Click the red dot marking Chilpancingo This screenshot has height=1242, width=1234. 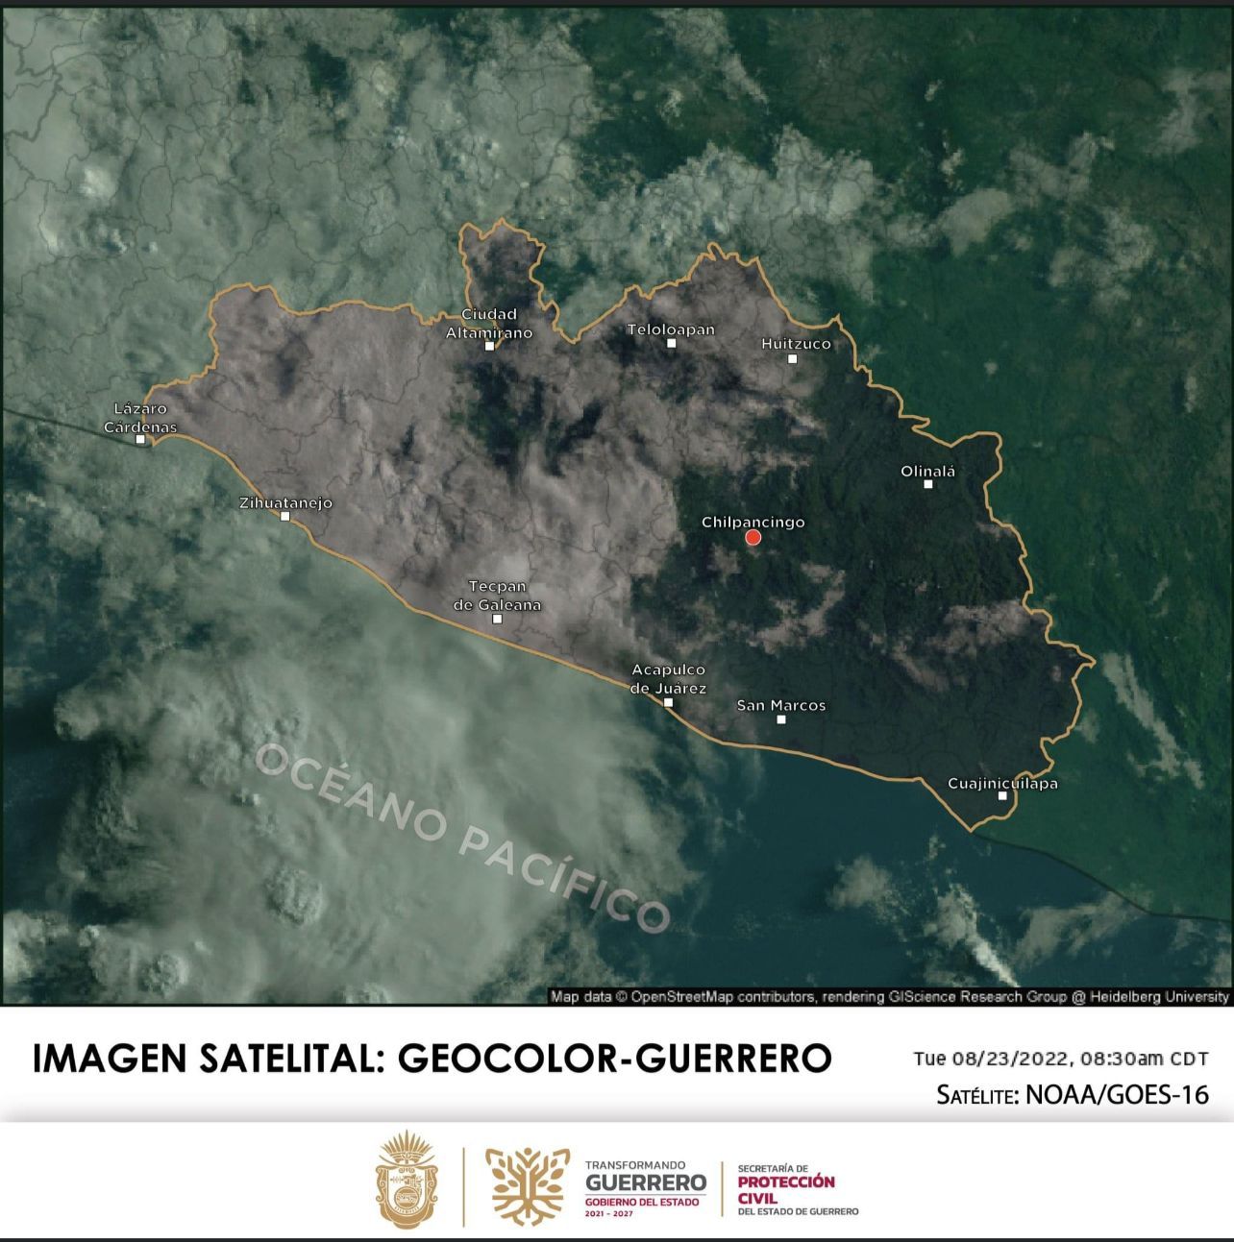coord(753,538)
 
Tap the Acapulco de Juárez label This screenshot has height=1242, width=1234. coord(669,679)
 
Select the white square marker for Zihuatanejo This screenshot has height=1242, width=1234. coord(284,516)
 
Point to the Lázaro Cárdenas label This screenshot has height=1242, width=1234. coord(140,418)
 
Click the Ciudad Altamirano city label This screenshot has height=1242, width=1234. coord(489,324)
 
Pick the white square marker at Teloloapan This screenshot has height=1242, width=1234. coord(672,343)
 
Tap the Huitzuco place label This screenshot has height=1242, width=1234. coord(796,343)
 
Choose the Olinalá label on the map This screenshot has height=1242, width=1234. coord(928,472)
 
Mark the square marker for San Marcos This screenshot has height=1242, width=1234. coord(781,719)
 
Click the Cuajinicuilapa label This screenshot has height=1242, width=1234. coord(1002,783)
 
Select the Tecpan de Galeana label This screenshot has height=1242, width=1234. coord(497,596)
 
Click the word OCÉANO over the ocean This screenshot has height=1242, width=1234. coord(351,792)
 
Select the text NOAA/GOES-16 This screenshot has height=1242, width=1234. coord(1118,1094)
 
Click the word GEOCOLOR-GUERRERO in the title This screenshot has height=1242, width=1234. coord(614,1059)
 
